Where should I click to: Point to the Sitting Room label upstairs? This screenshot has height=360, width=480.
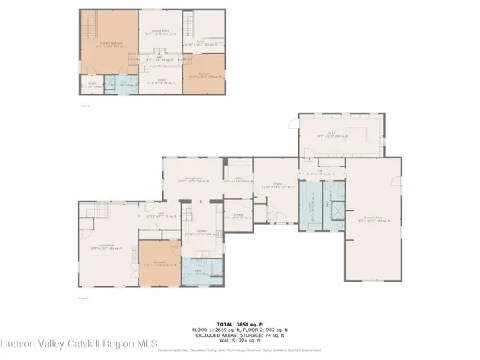[x=160, y=34]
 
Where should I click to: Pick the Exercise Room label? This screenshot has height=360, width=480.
[x=373, y=218]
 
